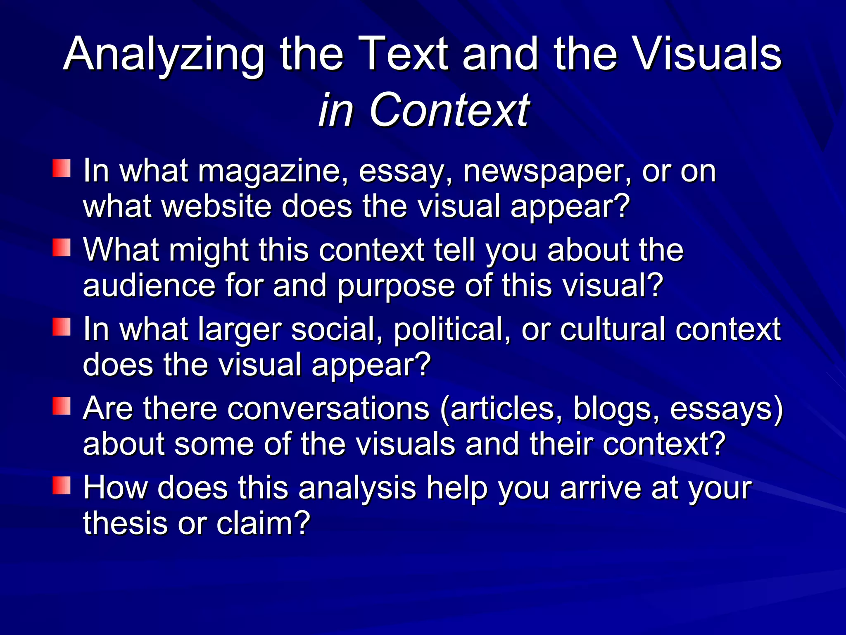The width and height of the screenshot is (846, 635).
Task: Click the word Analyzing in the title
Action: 164,55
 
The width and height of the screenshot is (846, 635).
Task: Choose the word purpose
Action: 396,286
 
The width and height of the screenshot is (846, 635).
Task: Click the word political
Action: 452,330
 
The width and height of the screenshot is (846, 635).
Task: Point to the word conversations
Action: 328,408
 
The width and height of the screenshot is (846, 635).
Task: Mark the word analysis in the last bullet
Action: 357,488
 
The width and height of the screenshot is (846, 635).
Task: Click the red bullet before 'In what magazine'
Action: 62,169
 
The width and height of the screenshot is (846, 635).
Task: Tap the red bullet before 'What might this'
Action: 62,248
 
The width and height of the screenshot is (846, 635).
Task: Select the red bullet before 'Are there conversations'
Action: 62,406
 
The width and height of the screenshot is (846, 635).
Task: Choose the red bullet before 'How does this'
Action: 62,485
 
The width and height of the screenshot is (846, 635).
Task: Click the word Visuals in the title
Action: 707,54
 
